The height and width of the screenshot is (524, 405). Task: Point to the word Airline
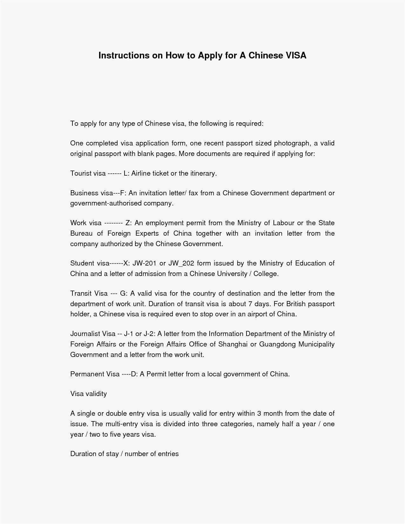[x=141, y=173]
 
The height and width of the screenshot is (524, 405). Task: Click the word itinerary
[x=203, y=173]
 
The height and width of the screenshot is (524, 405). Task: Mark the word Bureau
[x=81, y=233]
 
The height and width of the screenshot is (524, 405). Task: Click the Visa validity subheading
[x=88, y=394]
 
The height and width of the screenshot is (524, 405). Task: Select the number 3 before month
[x=259, y=413]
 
